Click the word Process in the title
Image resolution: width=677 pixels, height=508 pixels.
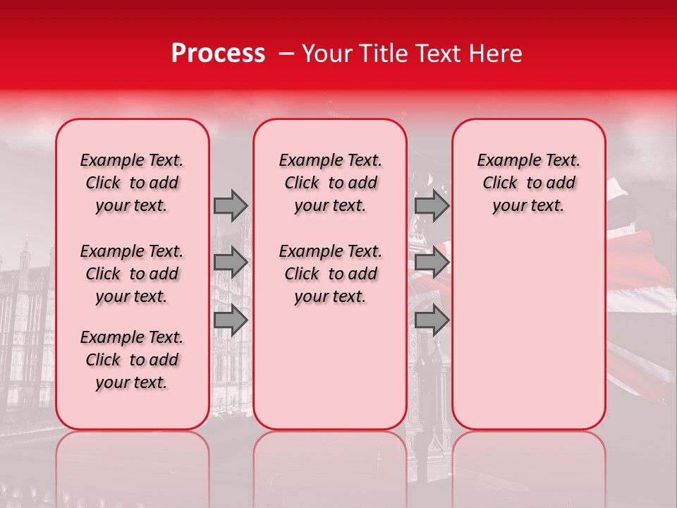tap(218, 54)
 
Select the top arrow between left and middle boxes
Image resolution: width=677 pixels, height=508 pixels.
tap(231, 205)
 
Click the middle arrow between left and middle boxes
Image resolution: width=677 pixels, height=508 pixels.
tap(231, 262)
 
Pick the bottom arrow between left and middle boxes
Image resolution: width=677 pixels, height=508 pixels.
tap(231, 320)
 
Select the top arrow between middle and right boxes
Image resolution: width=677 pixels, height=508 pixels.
tap(432, 205)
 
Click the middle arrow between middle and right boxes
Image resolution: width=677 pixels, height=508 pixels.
tap(432, 262)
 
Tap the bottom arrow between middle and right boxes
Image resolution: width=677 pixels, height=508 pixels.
tap(432, 320)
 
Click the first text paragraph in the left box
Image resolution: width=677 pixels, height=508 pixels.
tap(132, 183)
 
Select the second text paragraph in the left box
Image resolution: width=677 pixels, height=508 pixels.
tap(132, 274)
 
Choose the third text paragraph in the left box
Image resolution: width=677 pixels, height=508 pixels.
tap(132, 360)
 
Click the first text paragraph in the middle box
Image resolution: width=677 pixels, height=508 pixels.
tap(330, 183)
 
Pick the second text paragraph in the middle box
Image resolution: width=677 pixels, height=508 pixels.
tap(330, 274)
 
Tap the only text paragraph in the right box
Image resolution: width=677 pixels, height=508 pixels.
tap(528, 183)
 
